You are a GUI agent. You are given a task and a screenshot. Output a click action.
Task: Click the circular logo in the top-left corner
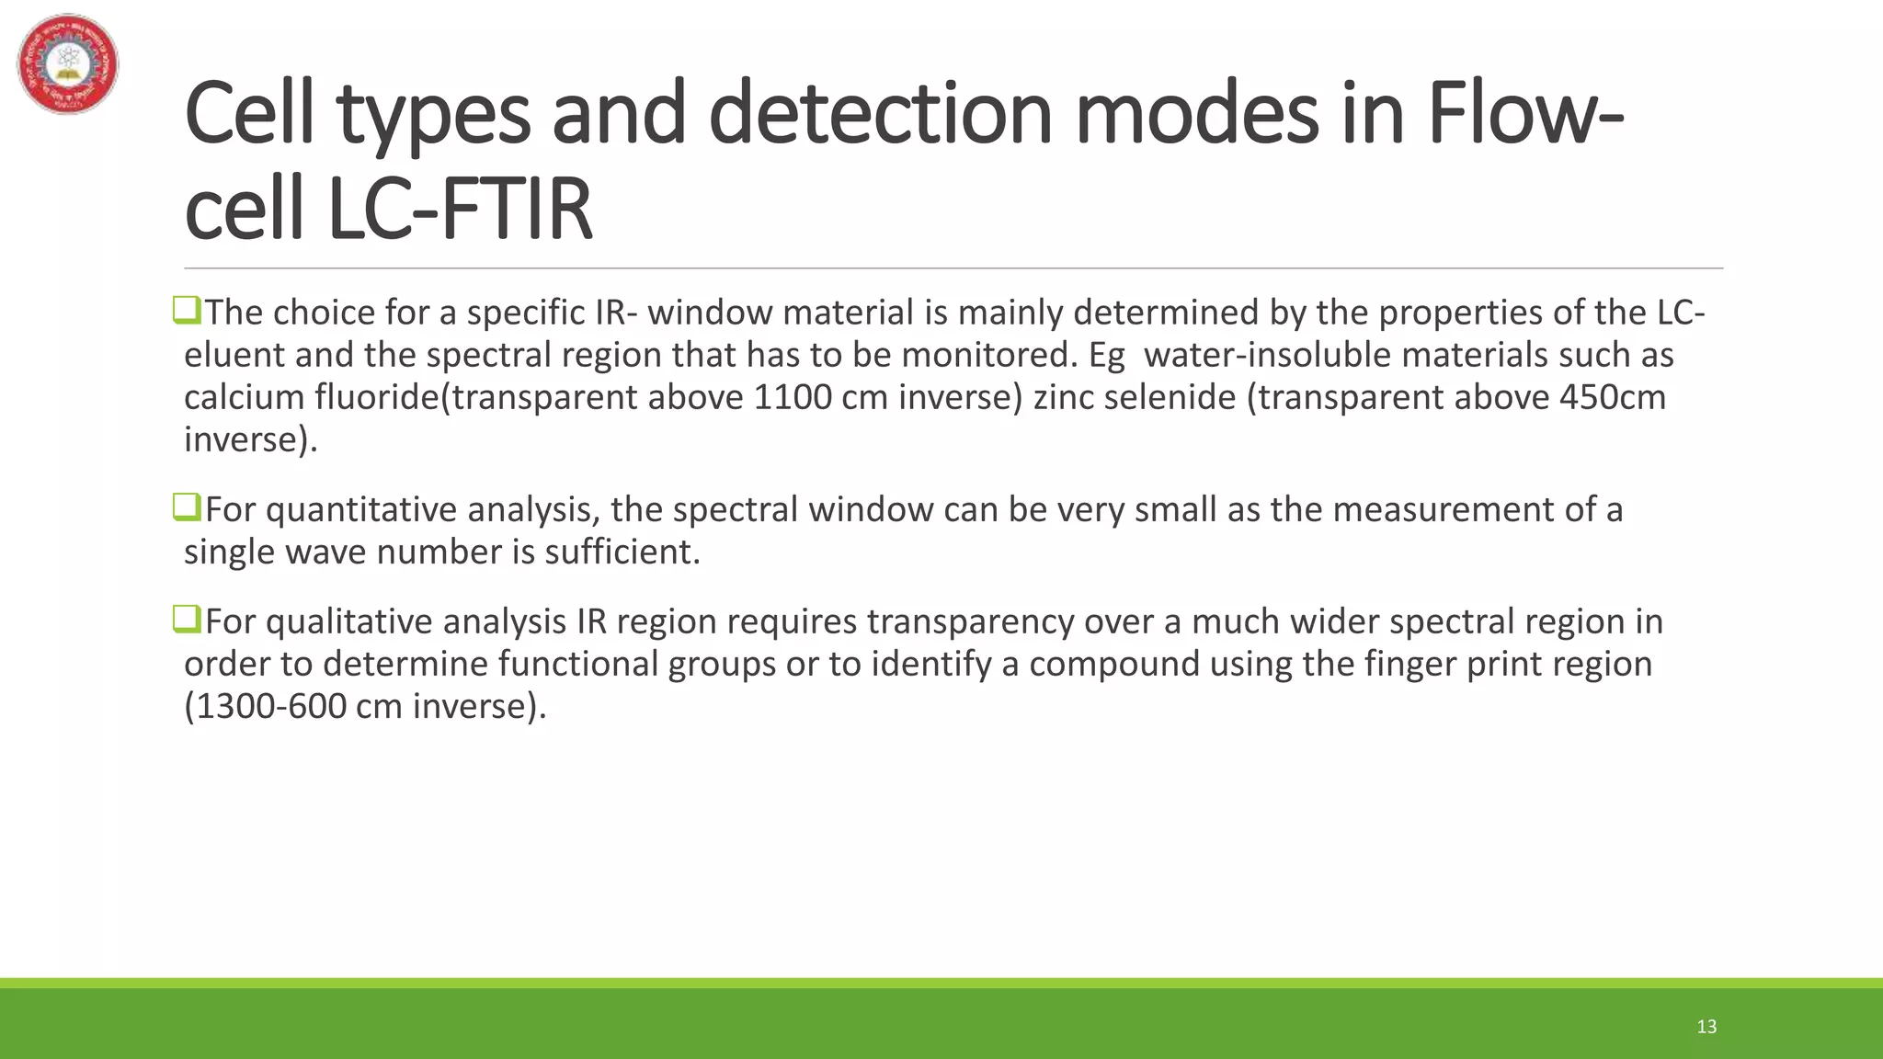coord(68,63)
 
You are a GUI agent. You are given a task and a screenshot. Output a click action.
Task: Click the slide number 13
coord(1706,1027)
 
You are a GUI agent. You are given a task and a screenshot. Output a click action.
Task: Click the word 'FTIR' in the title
coord(517,211)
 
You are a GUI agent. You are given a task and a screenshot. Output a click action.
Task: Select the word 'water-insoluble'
coord(1272,355)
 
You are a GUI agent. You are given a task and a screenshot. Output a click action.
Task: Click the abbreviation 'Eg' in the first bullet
coord(1106,355)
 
